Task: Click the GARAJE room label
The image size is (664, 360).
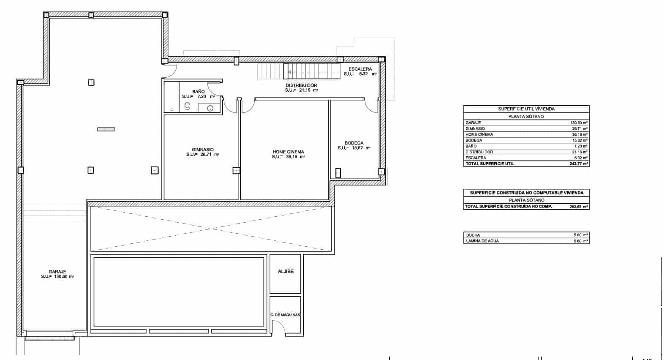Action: coord(57,272)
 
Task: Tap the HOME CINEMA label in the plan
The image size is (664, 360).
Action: coord(288,152)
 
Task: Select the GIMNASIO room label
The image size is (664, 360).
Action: coord(203,150)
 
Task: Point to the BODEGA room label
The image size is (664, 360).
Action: coord(354,143)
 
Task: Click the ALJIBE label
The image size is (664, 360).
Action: coord(286,271)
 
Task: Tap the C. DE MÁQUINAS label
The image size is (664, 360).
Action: coord(285,315)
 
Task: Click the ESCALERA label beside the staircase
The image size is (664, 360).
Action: coord(360,69)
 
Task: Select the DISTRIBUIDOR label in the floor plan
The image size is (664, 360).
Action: coord(301,85)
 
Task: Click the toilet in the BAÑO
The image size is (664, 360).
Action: coord(187,106)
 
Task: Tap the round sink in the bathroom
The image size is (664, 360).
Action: coord(210,108)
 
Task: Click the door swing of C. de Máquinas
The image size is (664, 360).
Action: coord(278,327)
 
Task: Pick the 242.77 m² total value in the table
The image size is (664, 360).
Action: coord(579,164)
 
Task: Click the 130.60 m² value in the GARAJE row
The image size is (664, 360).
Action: coord(579,123)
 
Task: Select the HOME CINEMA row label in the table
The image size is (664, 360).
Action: coord(479,134)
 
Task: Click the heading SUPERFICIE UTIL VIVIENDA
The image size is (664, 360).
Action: coord(526,109)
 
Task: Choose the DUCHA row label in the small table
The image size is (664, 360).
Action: coord(473,235)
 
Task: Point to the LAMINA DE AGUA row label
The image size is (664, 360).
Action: coord(482,241)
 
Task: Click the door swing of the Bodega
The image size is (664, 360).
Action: coord(372,106)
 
